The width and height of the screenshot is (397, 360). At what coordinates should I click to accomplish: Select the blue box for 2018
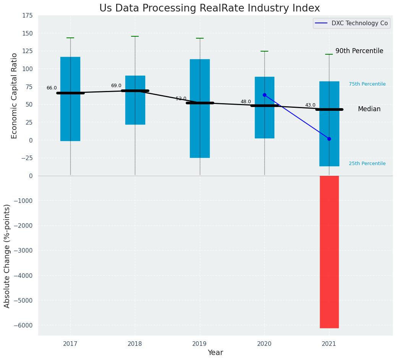point(135,100)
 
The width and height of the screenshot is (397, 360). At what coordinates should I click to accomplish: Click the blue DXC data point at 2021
point(329,139)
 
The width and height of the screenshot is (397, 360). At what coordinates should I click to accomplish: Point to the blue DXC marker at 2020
point(264,95)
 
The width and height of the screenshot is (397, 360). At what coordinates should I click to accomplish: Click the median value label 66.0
point(52,88)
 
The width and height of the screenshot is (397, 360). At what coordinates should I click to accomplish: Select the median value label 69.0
point(116,86)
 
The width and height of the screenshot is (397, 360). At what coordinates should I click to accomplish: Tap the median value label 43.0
point(310,105)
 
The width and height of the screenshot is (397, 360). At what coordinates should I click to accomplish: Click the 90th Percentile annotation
point(359,51)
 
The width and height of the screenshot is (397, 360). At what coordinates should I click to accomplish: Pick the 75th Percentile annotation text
point(367,84)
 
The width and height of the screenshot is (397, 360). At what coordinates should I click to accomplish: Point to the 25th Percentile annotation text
point(367,164)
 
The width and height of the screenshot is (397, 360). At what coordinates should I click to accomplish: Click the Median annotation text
point(369,109)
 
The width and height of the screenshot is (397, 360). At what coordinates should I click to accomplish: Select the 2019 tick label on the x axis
point(199,344)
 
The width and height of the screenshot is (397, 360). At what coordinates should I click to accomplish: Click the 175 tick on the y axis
point(28,16)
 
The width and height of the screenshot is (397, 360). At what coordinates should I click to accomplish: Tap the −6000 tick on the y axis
point(24,325)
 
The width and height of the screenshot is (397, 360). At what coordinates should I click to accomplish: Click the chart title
point(209,8)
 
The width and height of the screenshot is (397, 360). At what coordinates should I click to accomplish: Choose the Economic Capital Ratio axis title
point(15,96)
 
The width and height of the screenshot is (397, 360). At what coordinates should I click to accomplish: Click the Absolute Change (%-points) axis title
point(7,256)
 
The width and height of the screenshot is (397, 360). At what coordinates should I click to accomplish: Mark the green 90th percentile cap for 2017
point(70,38)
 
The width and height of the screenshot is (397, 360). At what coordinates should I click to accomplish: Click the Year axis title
point(215,353)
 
